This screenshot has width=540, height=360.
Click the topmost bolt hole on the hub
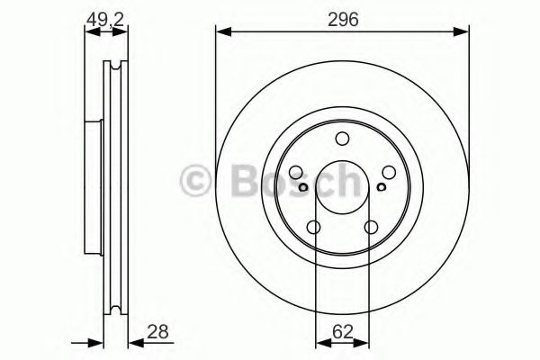pos(342,139)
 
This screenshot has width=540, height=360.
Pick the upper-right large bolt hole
pos(389,174)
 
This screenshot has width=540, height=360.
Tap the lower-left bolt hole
pos(314,228)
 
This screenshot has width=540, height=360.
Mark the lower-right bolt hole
pos(371,228)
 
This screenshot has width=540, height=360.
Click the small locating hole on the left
pos(304,187)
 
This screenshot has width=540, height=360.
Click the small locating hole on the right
pos(382,187)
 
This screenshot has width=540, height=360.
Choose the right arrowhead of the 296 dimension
pos(463,32)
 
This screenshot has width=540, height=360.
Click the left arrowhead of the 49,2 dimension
pos(90,32)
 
